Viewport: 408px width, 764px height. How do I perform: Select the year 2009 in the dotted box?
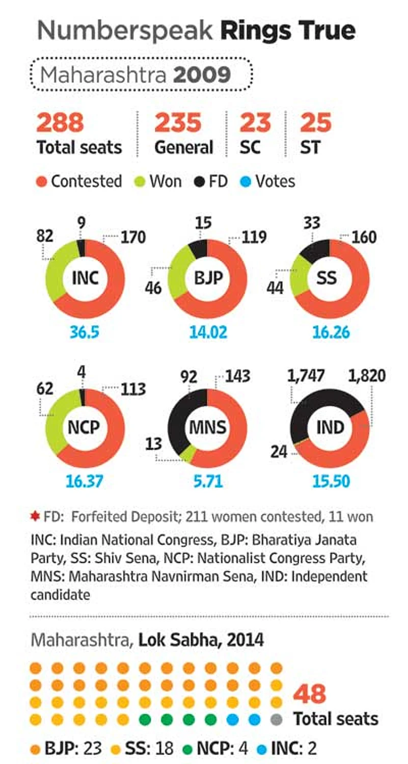[202, 76]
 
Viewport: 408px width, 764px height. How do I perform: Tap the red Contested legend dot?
[42, 181]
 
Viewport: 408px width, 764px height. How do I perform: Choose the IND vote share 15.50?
[330, 481]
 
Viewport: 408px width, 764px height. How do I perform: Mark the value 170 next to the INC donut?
[132, 238]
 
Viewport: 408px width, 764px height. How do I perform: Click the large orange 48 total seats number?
[310, 694]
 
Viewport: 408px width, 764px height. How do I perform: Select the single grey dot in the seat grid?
[276, 720]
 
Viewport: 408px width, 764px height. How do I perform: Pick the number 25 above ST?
[315, 123]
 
